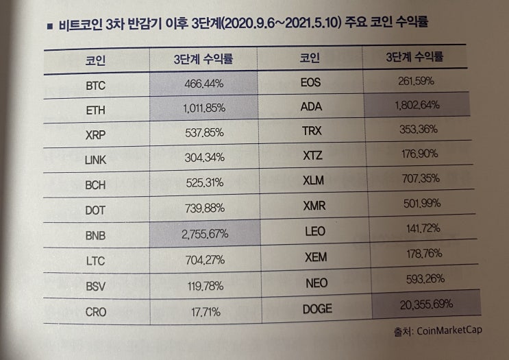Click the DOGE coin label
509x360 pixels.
317,309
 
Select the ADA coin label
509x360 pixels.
314,106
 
